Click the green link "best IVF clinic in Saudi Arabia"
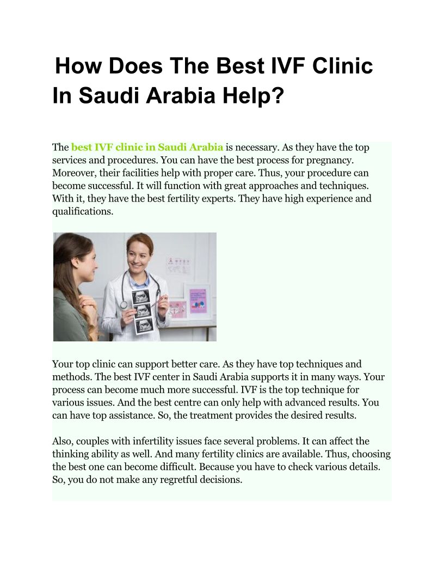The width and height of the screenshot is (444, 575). (147, 147)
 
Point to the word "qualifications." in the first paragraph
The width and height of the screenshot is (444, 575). (83, 211)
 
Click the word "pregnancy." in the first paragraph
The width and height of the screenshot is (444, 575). (332, 160)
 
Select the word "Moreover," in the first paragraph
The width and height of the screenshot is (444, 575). (75, 173)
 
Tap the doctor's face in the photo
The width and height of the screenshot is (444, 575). (139, 259)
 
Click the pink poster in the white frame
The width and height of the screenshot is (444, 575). (198, 301)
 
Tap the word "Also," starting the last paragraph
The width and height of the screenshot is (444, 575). (63, 441)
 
